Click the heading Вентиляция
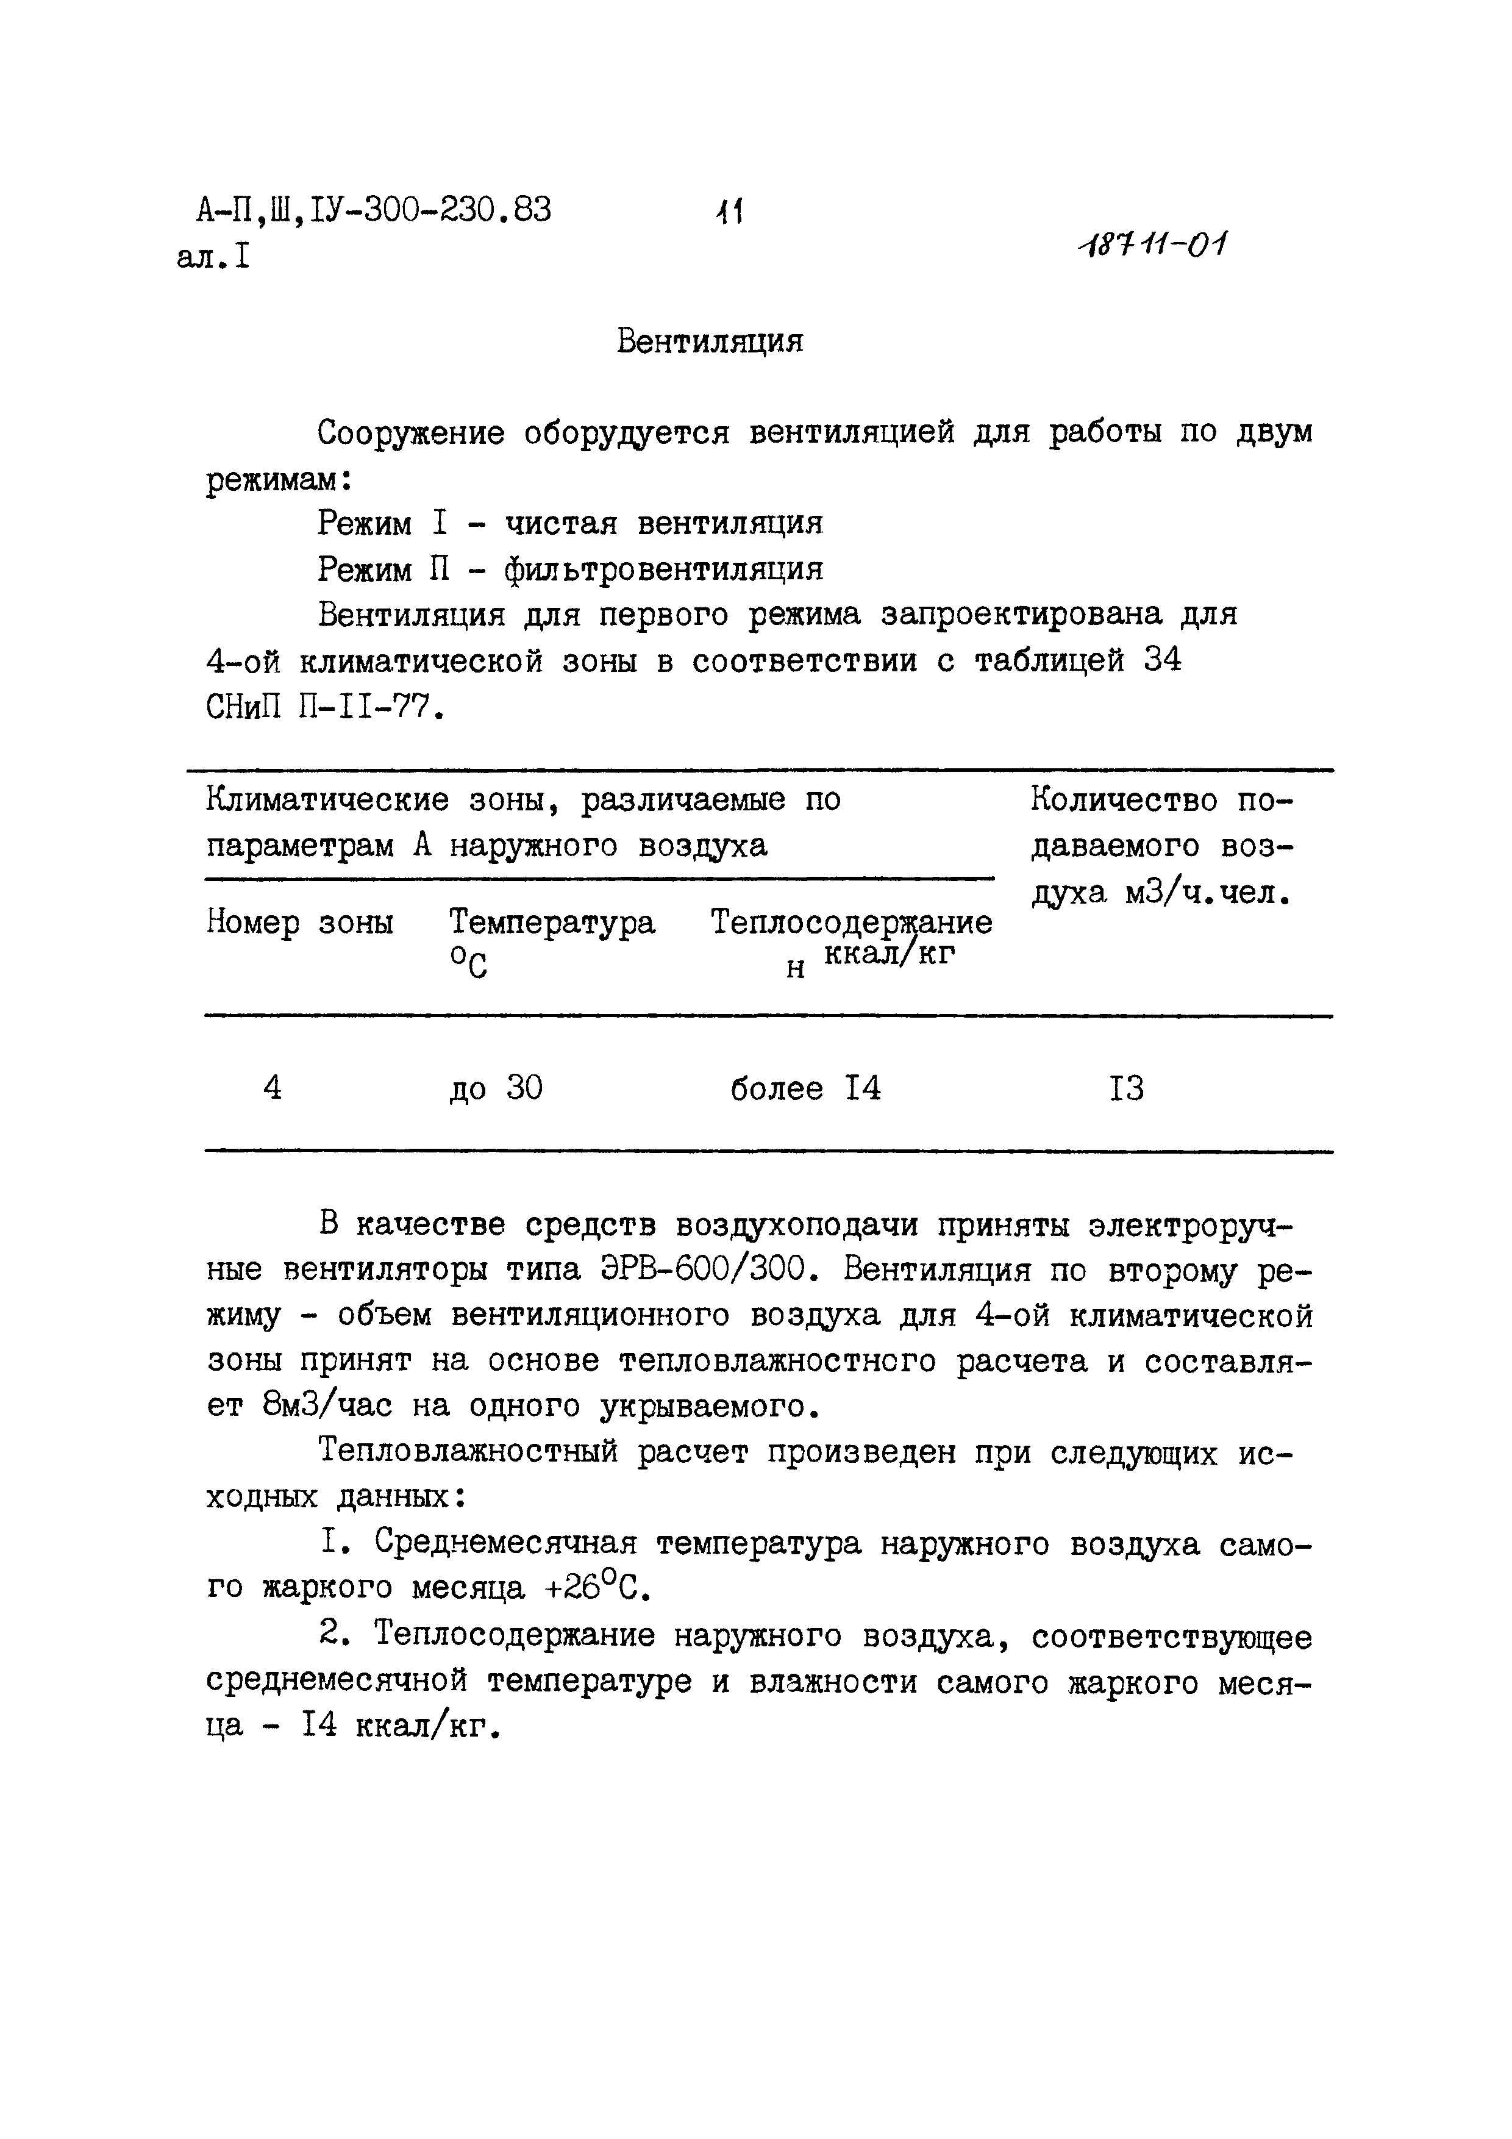click(709, 342)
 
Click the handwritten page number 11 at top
click(727, 213)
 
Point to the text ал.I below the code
click(213, 256)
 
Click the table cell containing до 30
click(496, 1087)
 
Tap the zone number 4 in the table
click(272, 1087)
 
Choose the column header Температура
click(552, 923)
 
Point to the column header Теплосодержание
click(850, 923)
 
